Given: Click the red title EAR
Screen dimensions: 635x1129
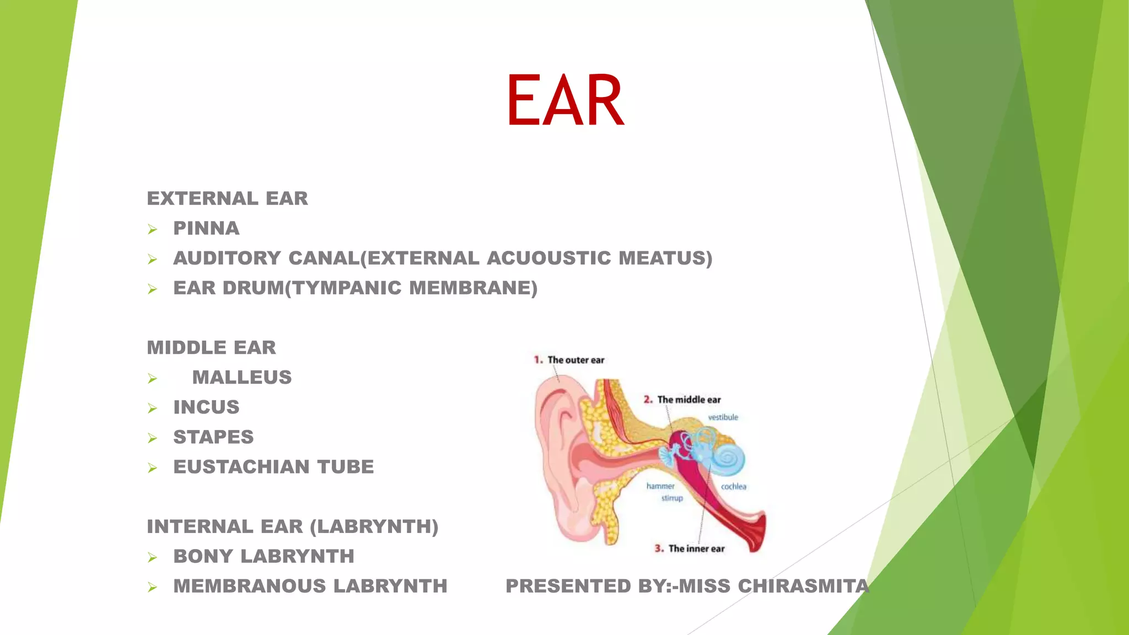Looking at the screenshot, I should click(565, 100).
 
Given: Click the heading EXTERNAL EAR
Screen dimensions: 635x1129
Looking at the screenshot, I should click(227, 198).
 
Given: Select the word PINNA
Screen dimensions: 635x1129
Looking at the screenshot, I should click(206, 228).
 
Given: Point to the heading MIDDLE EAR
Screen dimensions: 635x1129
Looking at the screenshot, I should click(211, 348).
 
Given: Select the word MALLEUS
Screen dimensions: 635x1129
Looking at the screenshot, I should click(242, 378).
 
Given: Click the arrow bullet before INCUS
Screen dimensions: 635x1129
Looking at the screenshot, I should click(153, 408).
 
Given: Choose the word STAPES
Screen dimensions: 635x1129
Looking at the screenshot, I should click(213, 437).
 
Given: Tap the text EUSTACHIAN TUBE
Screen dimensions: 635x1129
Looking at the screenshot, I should click(273, 467).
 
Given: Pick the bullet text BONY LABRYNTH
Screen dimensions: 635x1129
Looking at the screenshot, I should click(264, 556).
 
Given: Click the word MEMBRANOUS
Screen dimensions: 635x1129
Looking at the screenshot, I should click(250, 586).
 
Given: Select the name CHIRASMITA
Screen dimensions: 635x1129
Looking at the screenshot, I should click(803, 586).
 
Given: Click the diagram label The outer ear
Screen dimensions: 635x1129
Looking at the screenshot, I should click(576, 360).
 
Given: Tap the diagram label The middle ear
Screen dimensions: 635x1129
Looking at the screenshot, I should click(689, 400).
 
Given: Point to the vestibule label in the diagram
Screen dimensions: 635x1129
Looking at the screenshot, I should click(723, 417).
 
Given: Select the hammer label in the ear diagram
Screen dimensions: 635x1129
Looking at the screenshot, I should click(660, 486).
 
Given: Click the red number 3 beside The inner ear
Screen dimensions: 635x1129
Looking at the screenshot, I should click(659, 548).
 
